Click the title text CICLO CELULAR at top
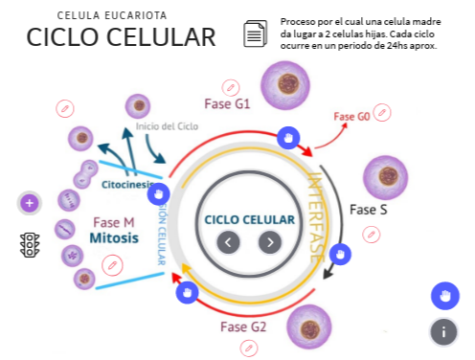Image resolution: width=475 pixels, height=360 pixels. (x=121, y=37)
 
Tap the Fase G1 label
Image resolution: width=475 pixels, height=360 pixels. (x=227, y=103)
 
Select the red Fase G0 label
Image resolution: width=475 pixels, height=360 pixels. (x=351, y=117)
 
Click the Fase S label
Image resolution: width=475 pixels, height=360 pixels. (x=368, y=209)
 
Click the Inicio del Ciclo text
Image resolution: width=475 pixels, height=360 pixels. (x=168, y=126)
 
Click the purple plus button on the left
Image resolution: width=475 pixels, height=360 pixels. (x=29, y=203)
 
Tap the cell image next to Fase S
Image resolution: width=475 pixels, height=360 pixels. (x=388, y=177)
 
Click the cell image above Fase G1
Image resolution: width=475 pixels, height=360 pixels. (x=285, y=82)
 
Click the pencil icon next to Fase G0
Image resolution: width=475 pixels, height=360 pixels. (x=383, y=115)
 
